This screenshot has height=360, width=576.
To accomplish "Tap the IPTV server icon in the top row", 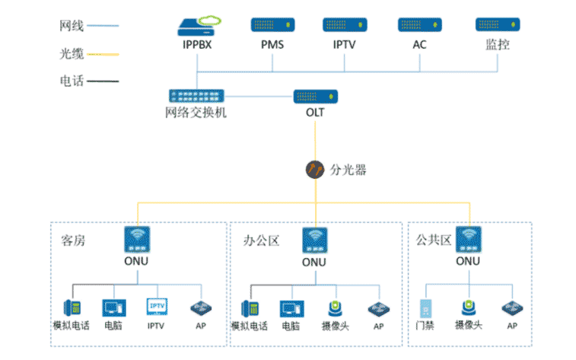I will [x=345, y=25].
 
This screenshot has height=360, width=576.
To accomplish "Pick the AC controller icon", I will [x=419, y=25].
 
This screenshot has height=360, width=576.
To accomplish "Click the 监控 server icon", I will [x=498, y=25].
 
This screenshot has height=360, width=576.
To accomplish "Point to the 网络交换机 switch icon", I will [x=196, y=96].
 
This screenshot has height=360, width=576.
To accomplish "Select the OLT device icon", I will [x=316, y=97].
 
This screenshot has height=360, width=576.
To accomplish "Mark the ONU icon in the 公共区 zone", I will [x=468, y=239].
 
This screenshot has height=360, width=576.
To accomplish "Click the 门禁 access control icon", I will [x=427, y=308].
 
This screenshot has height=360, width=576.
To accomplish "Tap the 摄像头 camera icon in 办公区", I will [x=335, y=308].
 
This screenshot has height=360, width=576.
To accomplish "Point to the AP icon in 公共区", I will [x=511, y=308].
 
